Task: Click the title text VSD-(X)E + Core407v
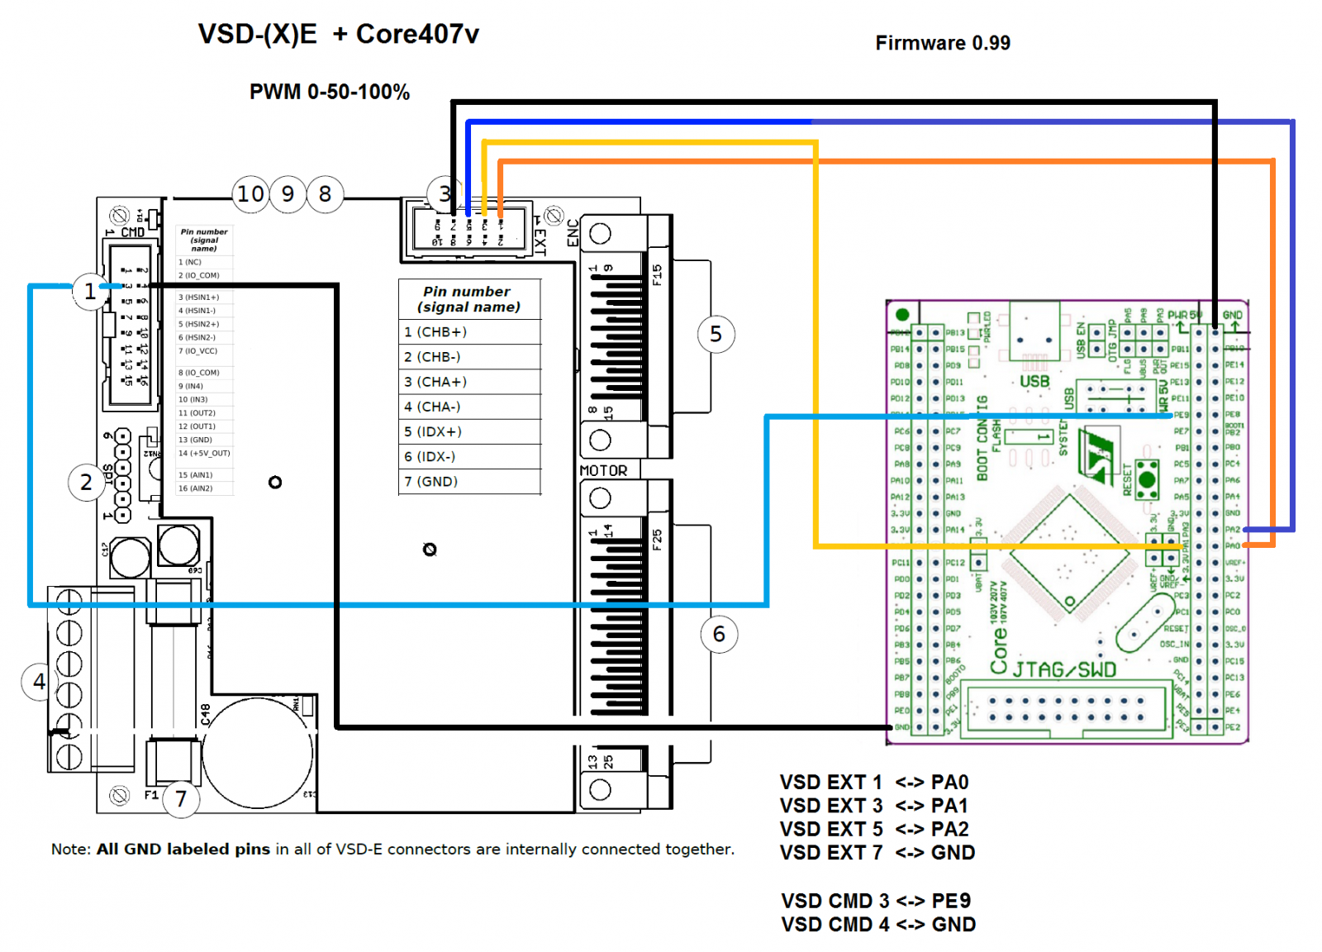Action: point(338,35)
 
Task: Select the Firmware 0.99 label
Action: point(942,43)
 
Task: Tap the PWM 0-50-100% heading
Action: point(329,92)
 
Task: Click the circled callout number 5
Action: point(716,334)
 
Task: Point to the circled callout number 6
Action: point(719,634)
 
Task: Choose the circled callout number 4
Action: point(39,682)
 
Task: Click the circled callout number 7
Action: point(181,798)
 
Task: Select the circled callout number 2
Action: point(86,482)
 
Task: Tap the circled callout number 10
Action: point(250,194)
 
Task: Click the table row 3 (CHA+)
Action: point(468,382)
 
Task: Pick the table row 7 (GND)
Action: point(468,481)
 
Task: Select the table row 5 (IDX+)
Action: point(468,431)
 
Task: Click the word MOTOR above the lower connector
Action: point(603,470)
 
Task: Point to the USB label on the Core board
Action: point(1034,381)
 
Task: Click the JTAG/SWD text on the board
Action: point(1064,669)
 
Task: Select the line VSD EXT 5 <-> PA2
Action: point(874,829)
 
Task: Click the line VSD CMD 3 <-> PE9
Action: point(876,901)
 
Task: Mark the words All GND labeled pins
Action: point(183,849)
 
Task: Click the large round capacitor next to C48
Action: point(258,753)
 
